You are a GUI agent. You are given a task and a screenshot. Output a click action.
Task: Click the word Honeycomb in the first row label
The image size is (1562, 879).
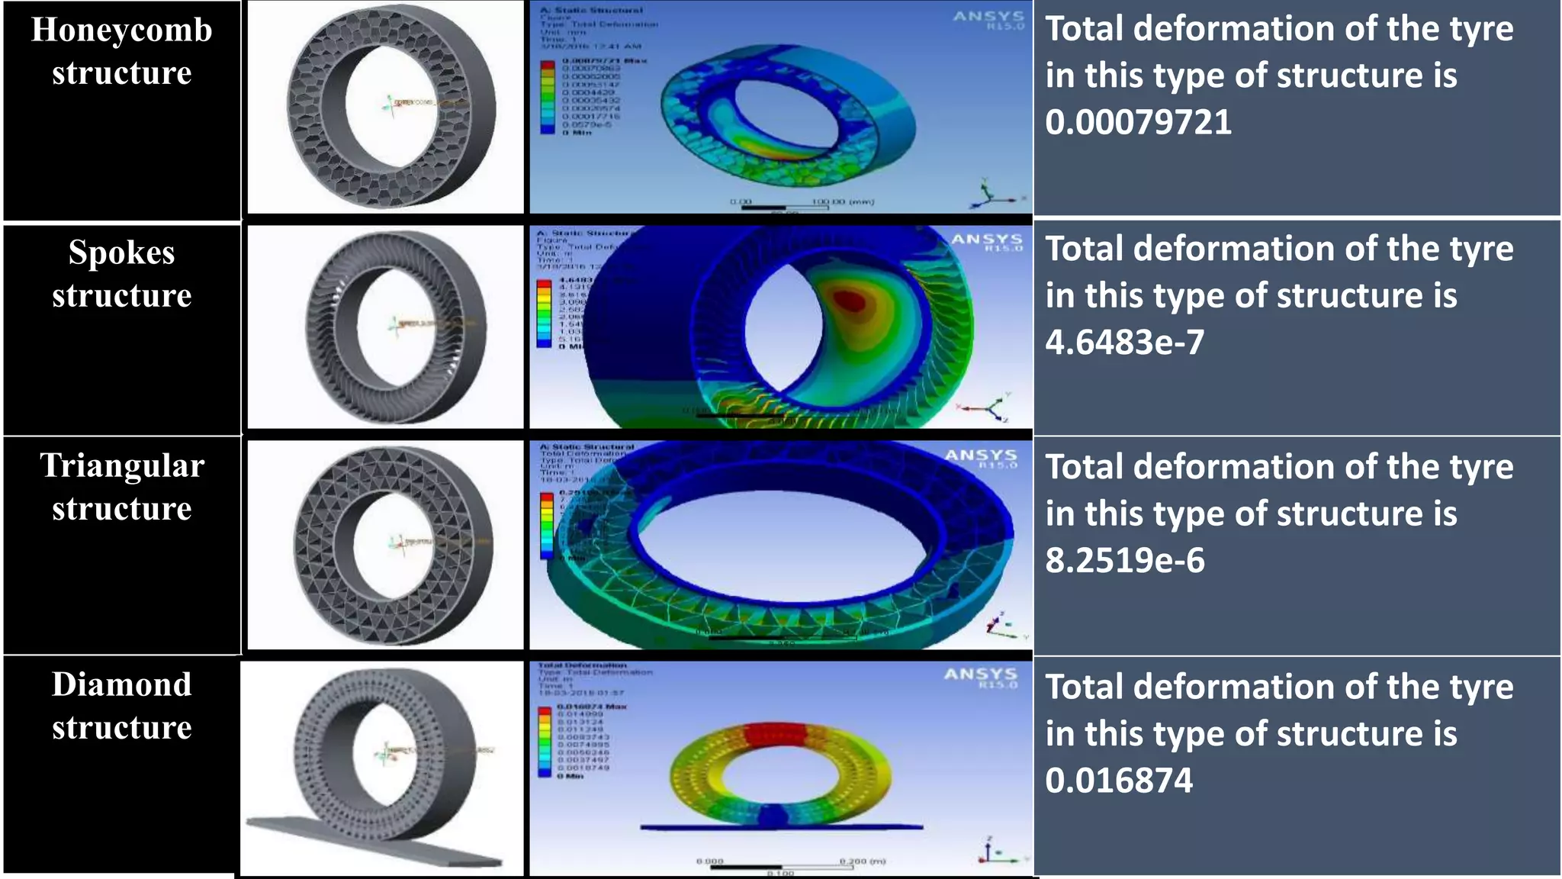[x=121, y=31]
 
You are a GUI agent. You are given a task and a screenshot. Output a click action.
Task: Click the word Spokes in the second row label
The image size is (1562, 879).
[x=121, y=253]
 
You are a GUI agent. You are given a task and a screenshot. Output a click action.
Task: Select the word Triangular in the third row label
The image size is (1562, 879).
[x=122, y=465]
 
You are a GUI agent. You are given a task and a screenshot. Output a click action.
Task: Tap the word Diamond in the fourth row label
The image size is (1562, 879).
[x=121, y=684]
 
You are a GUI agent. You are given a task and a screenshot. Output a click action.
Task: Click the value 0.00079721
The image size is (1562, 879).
[x=1138, y=122]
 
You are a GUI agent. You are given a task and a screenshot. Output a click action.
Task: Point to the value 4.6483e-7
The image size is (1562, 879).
[x=1124, y=342]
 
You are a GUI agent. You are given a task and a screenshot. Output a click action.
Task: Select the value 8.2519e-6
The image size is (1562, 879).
[x=1124, y=560]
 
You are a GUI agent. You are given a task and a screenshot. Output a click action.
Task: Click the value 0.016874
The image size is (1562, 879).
[x=1118, y=780]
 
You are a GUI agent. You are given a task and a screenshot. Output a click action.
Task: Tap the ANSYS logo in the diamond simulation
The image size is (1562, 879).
[x=981, y=676]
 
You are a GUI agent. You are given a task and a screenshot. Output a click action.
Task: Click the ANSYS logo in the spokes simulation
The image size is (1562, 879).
[x=986, y=240]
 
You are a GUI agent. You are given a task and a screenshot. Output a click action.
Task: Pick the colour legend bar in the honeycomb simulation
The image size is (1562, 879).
[x=548, y=98]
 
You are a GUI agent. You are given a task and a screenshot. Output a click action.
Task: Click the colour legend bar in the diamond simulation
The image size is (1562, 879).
[x=545, y=742]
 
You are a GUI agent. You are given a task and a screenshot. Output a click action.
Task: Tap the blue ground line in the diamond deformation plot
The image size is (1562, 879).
[x=781, y=826]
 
